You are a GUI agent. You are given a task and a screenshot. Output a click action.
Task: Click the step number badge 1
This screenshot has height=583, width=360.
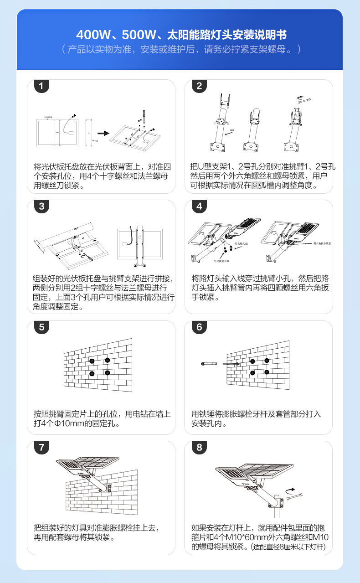pyautogui.click(x=41, y=86)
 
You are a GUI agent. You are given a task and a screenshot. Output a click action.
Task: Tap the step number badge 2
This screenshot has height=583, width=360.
pyautogui.click(x=199, y=86)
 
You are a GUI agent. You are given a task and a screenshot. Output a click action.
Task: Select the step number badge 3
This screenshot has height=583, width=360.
pyautogui.click(x=41, y=206)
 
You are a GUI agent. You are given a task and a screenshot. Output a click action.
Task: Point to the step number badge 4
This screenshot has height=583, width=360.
pyautogui.click(x=199, y=206)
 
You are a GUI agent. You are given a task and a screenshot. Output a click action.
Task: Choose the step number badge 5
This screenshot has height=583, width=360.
pyautogui.click(x=41, y=327)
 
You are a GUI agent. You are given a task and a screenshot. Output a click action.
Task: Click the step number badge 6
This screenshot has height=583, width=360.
pyautogui.click(x=199, y=327)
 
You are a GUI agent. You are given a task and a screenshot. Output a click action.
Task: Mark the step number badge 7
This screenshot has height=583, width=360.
pyautogui.click(x=41, y=447)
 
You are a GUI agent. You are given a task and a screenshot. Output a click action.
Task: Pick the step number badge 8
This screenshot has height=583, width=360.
pyautogui.click(x=199, y=447)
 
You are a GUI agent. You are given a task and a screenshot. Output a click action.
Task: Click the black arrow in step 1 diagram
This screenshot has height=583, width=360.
pyautogui.click(x=103, y=133)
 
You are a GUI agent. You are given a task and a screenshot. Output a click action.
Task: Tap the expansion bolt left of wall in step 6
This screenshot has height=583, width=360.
pyautogui.click(x=209, y=364)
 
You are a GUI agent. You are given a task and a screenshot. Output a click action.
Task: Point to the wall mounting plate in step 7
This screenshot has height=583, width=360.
pyautogui.click(x=109, y=489)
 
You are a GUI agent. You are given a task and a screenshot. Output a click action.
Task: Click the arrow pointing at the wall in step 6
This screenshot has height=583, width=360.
pyautogui.click(x=231, y=364)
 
